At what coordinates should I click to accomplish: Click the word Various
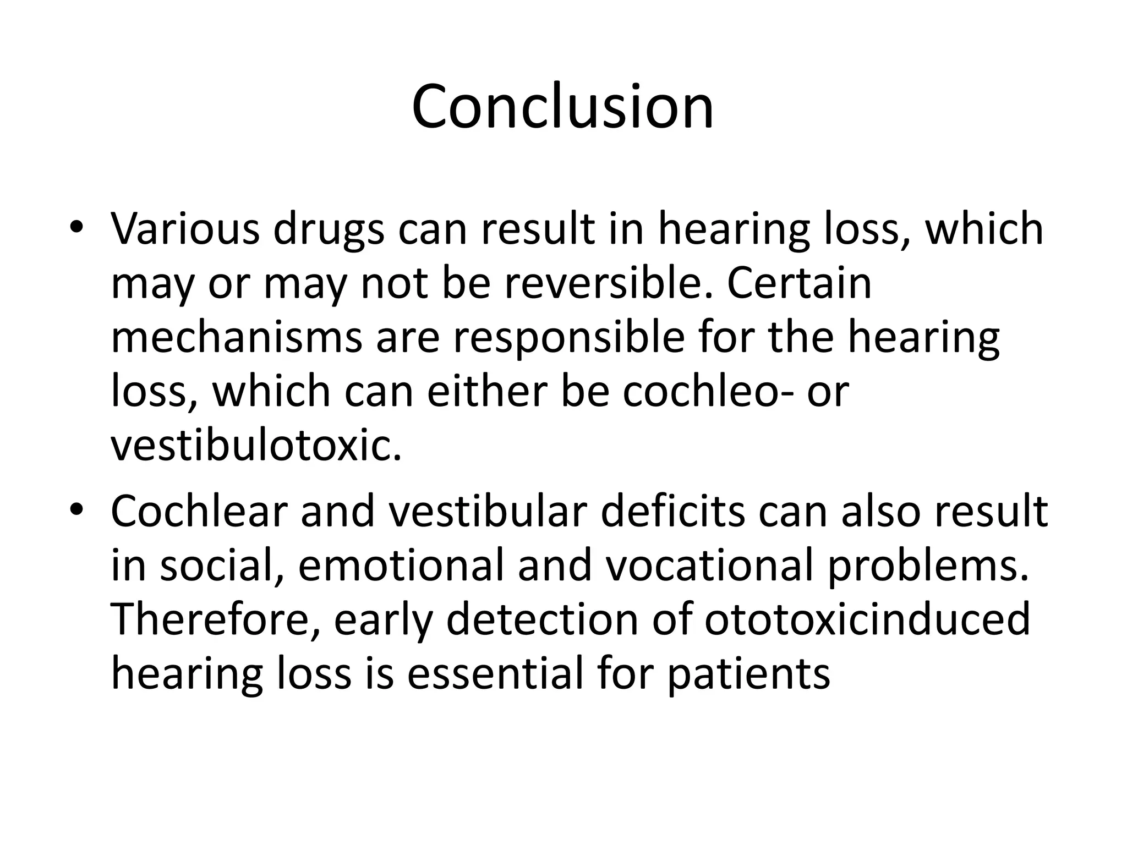click(185, 229)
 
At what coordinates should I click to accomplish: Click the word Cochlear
click(199, 511)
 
